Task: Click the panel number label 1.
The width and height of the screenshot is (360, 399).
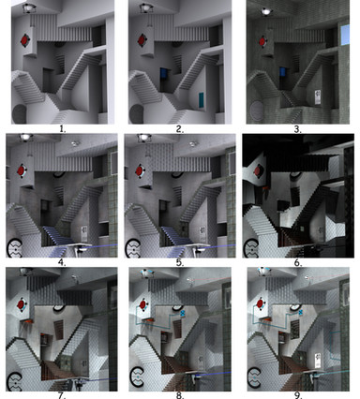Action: coord(63,129)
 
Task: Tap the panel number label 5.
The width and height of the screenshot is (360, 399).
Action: coord(180,262)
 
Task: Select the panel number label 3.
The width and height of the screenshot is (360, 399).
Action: coord(297,129)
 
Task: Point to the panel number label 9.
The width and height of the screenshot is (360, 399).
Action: coord(298,395)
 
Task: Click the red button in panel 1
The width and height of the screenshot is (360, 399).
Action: coord(24,40)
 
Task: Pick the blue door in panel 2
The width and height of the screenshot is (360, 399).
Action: coord(164,73)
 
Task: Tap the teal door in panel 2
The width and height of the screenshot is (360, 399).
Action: coord(202,100)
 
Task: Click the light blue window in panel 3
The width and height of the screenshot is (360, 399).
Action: coord(345,35)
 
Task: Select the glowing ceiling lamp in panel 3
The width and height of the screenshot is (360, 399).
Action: coord(266,11)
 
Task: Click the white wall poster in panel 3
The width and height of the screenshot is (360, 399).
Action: coord(318,97)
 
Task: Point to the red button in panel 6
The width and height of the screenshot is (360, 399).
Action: coord(259,171)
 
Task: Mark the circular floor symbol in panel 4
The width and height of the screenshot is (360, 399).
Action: coord(15,248)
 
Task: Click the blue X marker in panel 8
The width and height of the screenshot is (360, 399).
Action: coord(183,313)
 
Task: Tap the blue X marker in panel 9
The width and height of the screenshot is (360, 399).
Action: coord(300,312)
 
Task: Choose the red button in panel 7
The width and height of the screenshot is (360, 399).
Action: coord(21,304)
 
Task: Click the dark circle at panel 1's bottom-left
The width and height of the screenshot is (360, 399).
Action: coord(20,114)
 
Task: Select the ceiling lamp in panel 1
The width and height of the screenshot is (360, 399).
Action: coord(28,8)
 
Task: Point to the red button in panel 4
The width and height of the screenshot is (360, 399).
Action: coord(21,170)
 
